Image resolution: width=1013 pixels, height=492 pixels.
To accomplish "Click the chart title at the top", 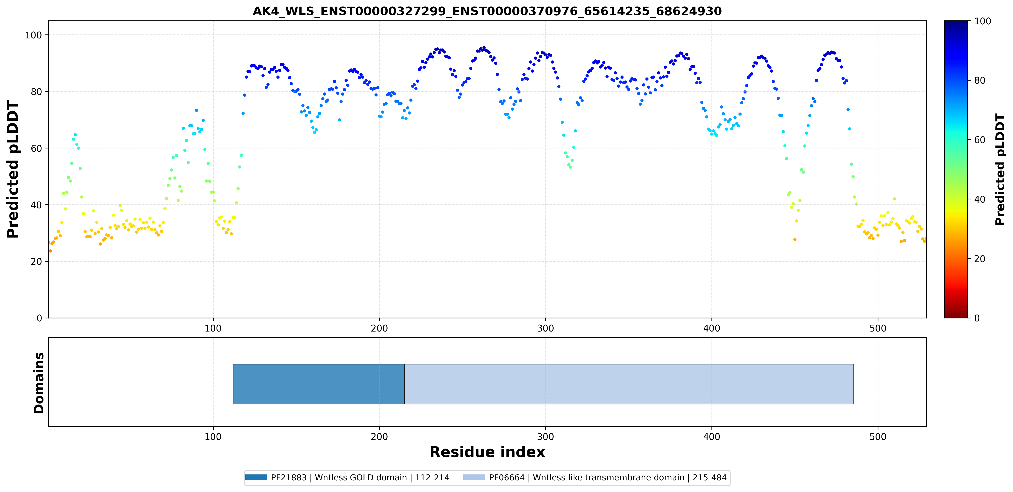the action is click(x=487, y=11).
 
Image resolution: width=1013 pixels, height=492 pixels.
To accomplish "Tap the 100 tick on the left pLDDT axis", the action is click(x=33, y=35).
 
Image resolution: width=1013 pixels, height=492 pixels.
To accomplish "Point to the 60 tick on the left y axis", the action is click(x=37, y=148).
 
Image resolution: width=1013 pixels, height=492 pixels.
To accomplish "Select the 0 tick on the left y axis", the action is click(x=39, y=318).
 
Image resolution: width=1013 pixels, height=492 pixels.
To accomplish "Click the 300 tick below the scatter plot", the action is click(x=545, y=328).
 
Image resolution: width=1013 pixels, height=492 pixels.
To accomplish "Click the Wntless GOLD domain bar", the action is click(x=319, y=384).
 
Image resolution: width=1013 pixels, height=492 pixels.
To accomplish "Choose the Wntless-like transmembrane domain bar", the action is click(x=629, y=384).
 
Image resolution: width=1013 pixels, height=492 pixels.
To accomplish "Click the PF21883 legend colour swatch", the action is click(x=256, y=477).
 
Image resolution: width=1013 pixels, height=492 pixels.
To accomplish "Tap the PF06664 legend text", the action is click(x=608, y=478).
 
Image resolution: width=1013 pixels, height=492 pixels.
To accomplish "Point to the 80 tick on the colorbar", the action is click(x=979, y=80).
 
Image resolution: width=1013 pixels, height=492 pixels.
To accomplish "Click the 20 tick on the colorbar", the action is click(x=979, y=259).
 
